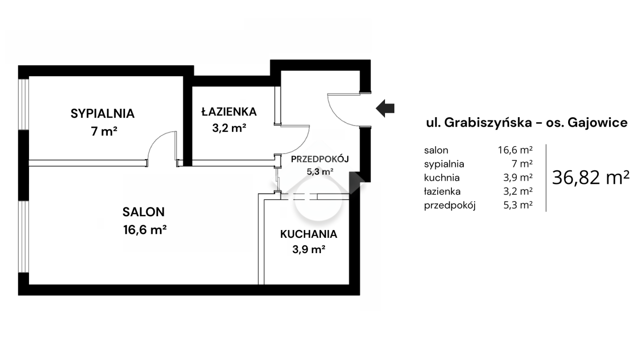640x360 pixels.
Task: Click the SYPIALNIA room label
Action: tap(102, 114)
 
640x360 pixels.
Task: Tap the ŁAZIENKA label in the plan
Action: tap(229, 111)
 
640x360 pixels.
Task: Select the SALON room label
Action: tap(144, 212)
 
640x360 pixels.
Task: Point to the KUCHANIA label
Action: tap(309, 234)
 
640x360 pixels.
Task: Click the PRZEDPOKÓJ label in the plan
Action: tap(320, 159)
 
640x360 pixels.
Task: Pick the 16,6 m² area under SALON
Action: tap(145, 229)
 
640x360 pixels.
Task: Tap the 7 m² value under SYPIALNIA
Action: tap(104, 131)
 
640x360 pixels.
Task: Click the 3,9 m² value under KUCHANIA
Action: tap(309, 249)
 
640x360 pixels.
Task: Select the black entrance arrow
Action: tap(385, 108)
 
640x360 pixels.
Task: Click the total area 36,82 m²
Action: tap(591, 178)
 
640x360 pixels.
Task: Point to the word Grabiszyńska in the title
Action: tap(488, 123)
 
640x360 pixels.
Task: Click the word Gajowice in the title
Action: tap(598, 123)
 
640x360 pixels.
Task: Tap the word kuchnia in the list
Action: tap(442, 178)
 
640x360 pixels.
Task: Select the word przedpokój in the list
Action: tap(449, 205)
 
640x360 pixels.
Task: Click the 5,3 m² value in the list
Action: tap(518, 205)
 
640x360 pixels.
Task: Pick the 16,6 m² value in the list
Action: tap(515, 150)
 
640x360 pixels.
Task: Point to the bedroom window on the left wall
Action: tap(24, 104)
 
